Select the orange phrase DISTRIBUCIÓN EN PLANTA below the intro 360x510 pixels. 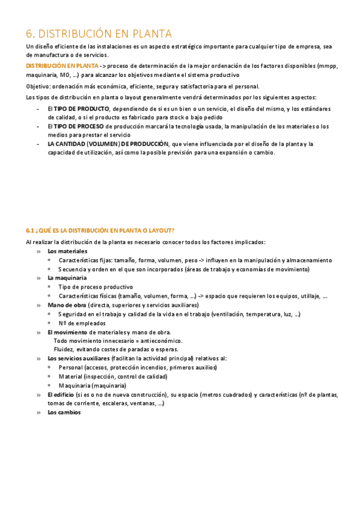tap(62, 65)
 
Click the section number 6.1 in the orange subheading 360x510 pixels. tap(31, 230)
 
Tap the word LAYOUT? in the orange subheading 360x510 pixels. tap(162, 230)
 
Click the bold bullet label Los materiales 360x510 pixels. tap(67, 251)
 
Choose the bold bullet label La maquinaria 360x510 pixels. tap(67, 278)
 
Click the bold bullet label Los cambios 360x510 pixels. tap(64, 413)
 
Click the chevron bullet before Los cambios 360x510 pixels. tap(39, 413)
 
